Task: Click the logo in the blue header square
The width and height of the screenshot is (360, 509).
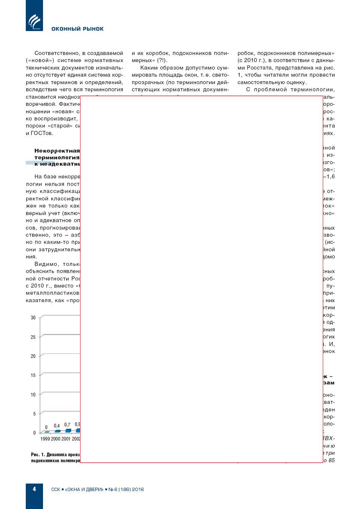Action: click(x=34, y=21)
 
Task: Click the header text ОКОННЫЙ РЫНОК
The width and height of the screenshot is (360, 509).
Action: click(x=77, y=29)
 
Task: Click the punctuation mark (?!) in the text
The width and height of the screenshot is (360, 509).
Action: click(x=162, y=60)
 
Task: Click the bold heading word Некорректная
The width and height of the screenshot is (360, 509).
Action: click(x=57, y=151)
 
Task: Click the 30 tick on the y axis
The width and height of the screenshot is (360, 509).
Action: click(x=33, y=318)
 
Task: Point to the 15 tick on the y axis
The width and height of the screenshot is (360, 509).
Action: click(x=33, y=375)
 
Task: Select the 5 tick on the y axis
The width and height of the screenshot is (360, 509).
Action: click(x=34, y=414)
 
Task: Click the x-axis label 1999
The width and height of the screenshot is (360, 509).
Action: click(x=45, y=439)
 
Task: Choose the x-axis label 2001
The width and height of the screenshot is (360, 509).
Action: click(x=66, y=439)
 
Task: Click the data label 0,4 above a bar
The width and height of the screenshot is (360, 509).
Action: click(x=57, y=426)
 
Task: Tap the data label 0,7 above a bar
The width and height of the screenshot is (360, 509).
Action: click(x=67, y=424)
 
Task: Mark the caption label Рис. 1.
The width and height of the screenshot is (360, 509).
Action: click(x=38, y=454)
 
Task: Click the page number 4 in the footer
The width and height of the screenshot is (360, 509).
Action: click(x=34, y=489)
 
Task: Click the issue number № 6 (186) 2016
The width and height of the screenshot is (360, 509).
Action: click(x=126, y=489)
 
